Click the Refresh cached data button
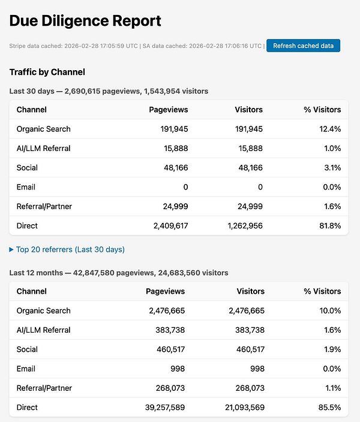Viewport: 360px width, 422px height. [x=303, y=46]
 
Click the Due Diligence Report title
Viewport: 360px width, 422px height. [x=85, y=21]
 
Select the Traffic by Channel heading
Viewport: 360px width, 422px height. [x=47, y=72]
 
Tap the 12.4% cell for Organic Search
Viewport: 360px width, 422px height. [x=329, y=129]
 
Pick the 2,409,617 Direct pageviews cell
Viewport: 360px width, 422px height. [x=165, y=226]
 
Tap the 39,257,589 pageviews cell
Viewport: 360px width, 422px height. [x=160, y=408]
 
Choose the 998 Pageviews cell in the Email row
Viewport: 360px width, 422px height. [x=176, y=369]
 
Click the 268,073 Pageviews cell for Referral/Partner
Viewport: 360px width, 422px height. [x=168, y=388]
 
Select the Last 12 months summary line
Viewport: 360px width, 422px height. [x=119, y=273]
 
